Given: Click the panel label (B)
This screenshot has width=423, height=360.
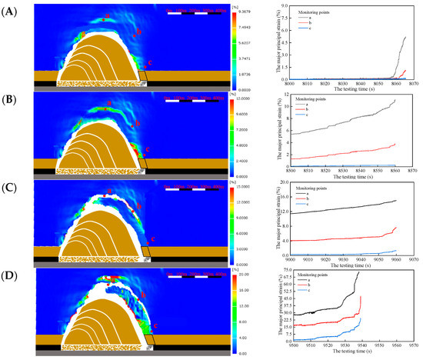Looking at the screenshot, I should click(x=11, y=95).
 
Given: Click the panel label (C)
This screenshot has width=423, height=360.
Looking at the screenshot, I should click(x=11, y=185).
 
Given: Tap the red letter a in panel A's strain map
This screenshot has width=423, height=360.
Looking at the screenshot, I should click(x=107, y=15).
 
